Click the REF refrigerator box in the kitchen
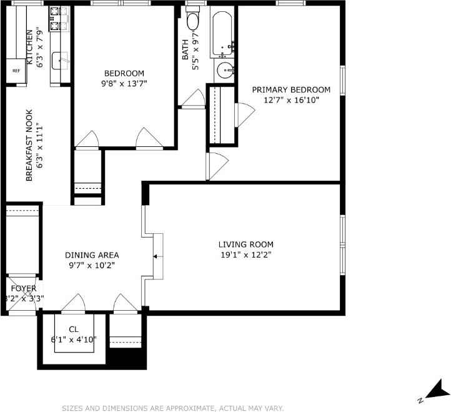click(16, 70)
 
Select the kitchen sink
click(61, 61)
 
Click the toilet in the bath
click(192, 22)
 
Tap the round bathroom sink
click(225, 71)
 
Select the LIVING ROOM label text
click(245, 244)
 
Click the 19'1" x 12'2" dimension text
click(245, 254)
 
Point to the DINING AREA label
click(92, 255)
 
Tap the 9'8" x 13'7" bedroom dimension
click(124, 83)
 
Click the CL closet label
click(74, 329)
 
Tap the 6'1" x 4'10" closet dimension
click(74, 340)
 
